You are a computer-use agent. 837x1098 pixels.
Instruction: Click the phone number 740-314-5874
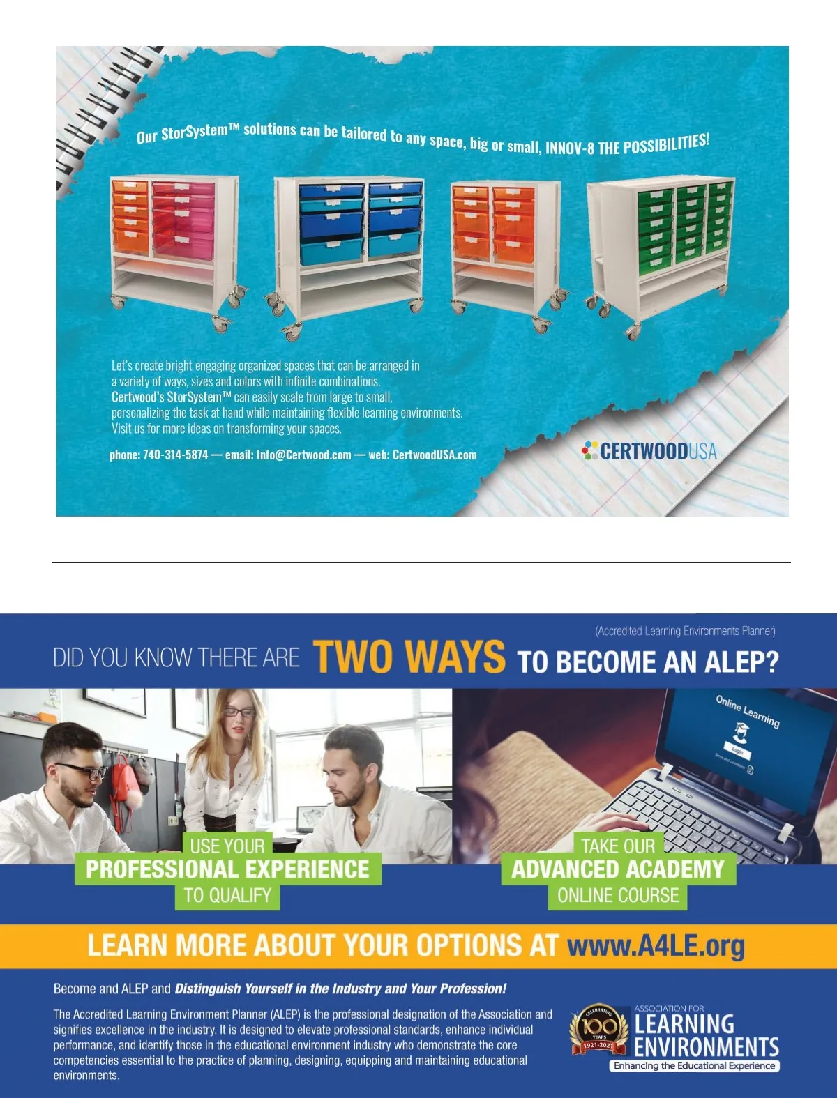(x=175, y=455)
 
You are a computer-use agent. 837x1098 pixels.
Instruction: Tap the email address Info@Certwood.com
(x=303, y=455)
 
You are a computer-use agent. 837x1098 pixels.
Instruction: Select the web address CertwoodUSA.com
(x=435, y=455)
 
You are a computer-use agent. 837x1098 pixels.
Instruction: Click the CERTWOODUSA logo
(x=649, y=451)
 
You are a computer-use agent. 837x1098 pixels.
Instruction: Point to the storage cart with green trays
(x=661, y=255)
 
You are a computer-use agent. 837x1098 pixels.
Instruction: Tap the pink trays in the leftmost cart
(x=183, y=220)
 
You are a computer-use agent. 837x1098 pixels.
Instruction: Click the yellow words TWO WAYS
(x=409, y=657)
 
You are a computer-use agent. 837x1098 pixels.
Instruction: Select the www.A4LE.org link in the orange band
(x=656, y=947)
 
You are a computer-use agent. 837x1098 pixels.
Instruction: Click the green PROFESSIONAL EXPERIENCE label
(x=228, y=869)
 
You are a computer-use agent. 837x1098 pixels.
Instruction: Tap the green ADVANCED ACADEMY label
(x=619, y=869)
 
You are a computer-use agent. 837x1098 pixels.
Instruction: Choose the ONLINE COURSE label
(x=618, y=895)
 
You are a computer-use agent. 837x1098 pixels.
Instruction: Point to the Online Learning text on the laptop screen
(x=748, y=711)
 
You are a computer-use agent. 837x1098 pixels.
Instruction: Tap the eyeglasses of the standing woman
(x=240, y=712)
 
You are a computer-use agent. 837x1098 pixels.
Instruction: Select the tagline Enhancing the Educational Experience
(x=695, y=1065)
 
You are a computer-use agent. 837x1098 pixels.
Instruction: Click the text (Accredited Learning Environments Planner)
(x=686, y=632)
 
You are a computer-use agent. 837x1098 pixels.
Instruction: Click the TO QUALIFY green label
(x=227, y=895)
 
